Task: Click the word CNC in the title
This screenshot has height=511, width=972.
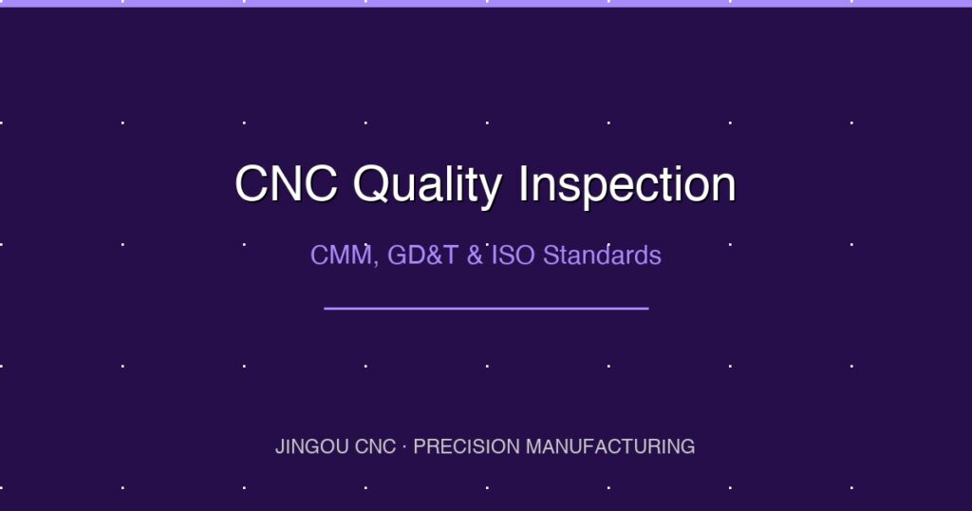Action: [x=286, y=184]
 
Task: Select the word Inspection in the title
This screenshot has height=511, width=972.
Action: [x=627, y=184]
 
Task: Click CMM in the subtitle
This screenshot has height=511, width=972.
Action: [x=339, y=255]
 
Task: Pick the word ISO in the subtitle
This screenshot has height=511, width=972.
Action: [x=514, y=255]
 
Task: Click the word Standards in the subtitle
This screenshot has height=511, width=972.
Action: [x=602, y=255]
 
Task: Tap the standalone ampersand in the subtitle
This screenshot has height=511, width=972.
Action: [x=475, y=255]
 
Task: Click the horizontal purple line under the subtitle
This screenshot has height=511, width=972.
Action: [x=486, y=308]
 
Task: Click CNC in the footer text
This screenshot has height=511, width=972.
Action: [x=373, y=446]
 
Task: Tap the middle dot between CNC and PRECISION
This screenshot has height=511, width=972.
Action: [x=405, y=446]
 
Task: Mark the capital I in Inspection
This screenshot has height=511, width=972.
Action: [x=523, y=184]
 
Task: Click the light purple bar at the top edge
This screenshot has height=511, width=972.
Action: [x=486, y=3]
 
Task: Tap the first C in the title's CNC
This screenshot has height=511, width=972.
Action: [x=252, y=184]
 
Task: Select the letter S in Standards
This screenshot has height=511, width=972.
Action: [x=551, y=255]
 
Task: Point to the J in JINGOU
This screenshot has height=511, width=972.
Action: [x=279, y=446]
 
